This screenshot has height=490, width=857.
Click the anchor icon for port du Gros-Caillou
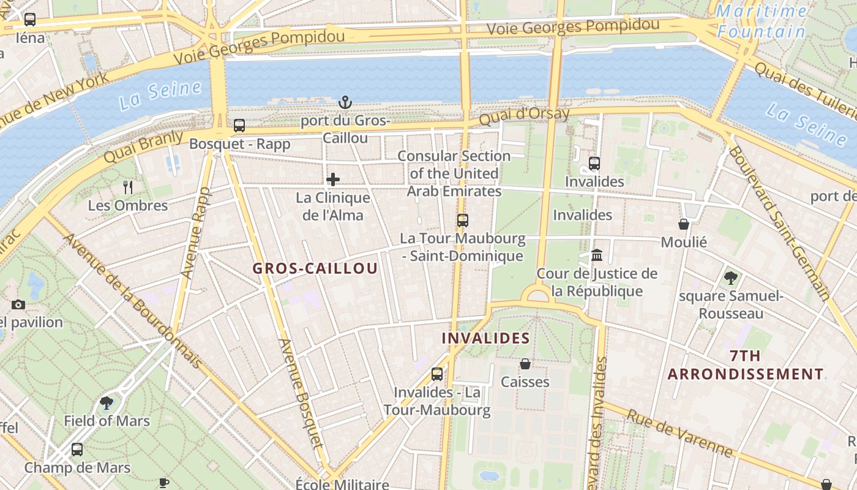345,102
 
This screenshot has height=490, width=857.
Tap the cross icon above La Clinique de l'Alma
333,179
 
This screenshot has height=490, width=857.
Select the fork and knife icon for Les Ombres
128,187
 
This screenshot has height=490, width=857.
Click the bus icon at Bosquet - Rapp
239,126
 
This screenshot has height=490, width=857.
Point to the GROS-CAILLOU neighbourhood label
315,268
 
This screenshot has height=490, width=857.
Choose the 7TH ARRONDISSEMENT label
746,365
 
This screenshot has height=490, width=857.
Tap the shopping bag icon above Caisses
525,364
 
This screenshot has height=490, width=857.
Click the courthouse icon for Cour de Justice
597,255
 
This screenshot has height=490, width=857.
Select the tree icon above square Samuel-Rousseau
730,277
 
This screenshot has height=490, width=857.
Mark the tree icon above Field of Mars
107,402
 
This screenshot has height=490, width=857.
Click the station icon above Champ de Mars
77,449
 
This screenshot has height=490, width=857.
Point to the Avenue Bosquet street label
300,393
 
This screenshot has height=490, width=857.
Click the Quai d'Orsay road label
524,115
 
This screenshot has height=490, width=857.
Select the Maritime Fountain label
762,21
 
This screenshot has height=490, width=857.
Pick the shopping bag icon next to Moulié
684,224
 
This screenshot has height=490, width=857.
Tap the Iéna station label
30,38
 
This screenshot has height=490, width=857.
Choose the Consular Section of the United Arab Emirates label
454,173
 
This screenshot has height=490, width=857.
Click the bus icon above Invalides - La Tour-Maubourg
437,374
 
